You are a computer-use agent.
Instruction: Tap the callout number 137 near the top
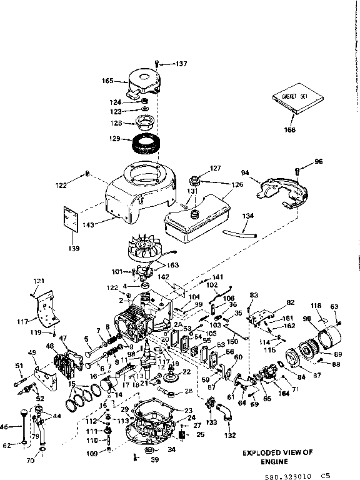tap(181, 63)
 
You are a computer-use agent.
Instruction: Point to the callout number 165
tap(107, 81)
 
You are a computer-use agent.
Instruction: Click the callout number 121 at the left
tap(39, 281)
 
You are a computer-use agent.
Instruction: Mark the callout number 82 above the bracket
tap(272, 302)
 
